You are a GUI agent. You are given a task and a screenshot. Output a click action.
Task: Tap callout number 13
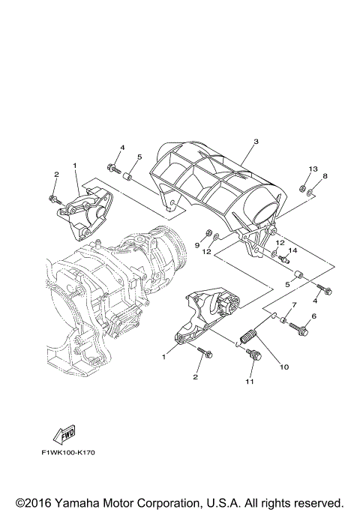click(x=313, y=169)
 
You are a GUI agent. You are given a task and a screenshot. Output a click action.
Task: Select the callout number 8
click(x=325, y=176)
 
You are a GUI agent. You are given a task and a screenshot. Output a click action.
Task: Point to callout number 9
click(x=198, y=244)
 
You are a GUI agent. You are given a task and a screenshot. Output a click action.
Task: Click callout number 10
click(x=284, y=367)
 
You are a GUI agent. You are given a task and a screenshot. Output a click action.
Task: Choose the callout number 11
click(x=249, y=382)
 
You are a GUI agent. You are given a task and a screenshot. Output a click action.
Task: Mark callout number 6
click(x=314, y=316)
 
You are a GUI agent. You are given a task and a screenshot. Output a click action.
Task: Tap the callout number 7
click(x=294, y=305)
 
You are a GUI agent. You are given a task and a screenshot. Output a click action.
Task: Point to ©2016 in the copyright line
click(x=34, y=502)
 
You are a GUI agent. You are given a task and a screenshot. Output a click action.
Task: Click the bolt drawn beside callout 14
click(x=284, y=259)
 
